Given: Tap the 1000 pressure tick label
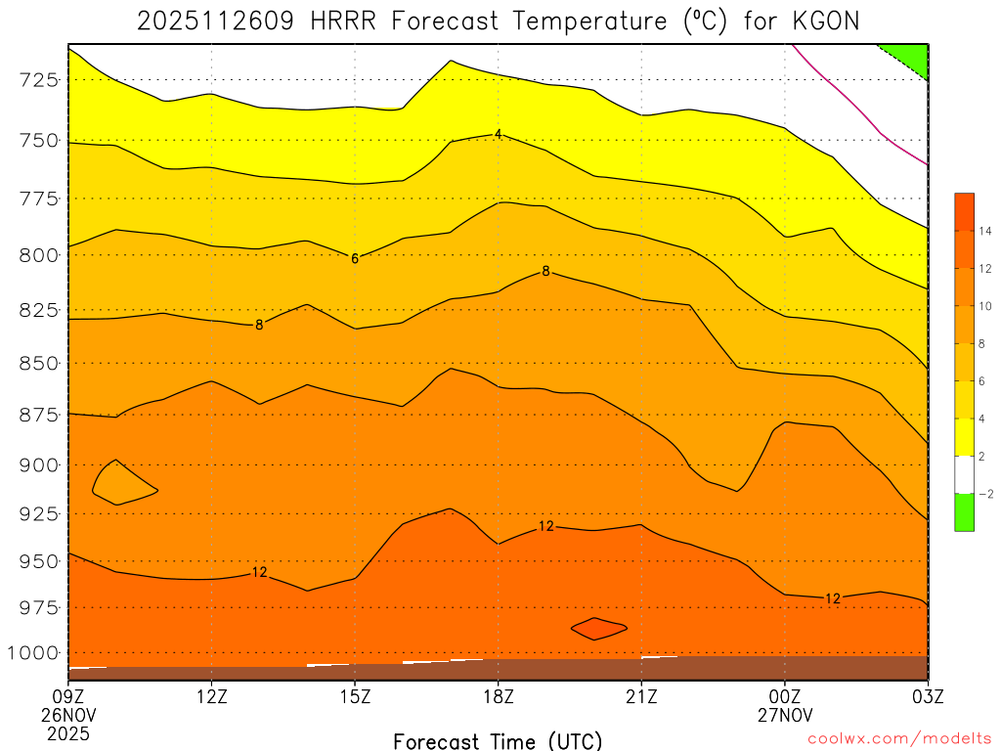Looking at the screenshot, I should click(x=33, y=652).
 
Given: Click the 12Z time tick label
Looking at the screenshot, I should click(x=212, y=699).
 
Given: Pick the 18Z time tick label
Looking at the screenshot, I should click(x=499, y=699).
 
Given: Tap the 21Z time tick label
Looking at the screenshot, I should click(x=641, y=699).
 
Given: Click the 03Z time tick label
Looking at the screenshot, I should click(x=927, y=699).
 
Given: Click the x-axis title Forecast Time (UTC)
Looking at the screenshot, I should click(x=498, y=740).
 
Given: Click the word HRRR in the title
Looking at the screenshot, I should click(x=343, y=21).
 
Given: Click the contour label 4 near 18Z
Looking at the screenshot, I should click(x=498, y=134).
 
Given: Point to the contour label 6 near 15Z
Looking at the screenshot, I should click(x=355, y=258).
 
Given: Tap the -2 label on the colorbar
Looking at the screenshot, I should click(x=985, y=494).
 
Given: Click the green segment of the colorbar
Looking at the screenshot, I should click(x=964, y=512).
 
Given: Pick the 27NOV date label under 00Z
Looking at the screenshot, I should click(x=785, y=716).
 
